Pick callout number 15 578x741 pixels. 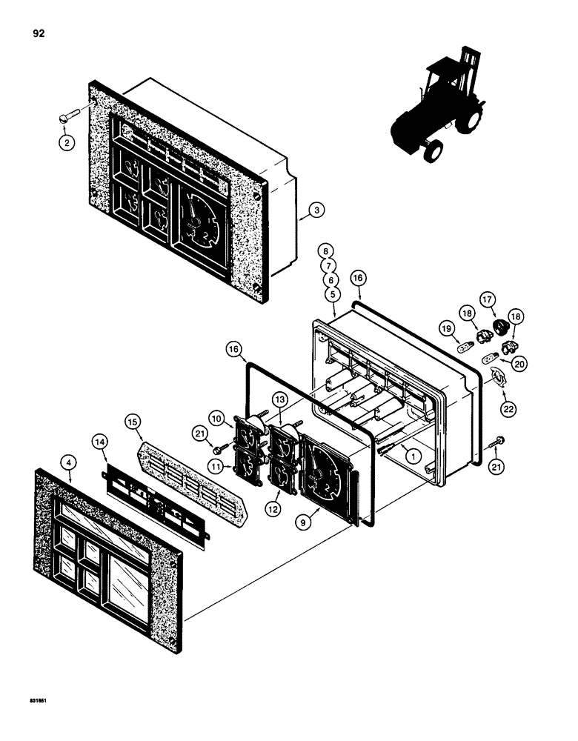(x=133, y=422)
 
